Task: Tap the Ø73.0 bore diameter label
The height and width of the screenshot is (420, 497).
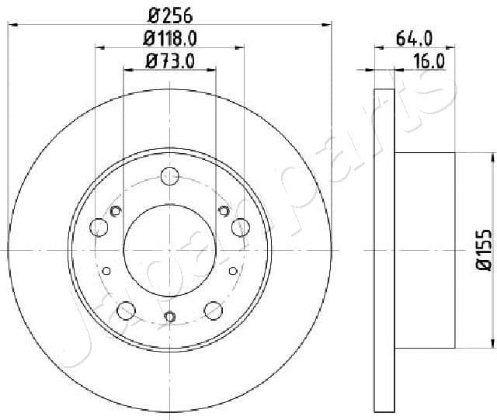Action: [169, 61]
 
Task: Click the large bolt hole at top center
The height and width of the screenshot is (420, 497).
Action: [170, 175]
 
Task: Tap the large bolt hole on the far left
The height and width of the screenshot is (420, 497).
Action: [99, 227]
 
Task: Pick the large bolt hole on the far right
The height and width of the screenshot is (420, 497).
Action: [240, 227]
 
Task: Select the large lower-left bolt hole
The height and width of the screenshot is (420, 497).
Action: [126, 311]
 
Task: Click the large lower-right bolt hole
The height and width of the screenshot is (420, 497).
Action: [213, 311]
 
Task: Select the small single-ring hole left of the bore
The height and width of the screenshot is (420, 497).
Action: [106, 269]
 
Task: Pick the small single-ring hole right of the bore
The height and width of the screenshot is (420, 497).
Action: [233, 269]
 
